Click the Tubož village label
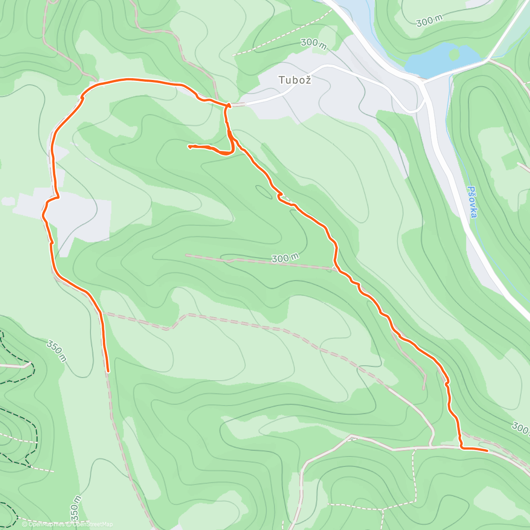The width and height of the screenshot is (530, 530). click(x=295, y=80)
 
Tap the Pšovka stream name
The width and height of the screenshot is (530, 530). click(x=472, y=202)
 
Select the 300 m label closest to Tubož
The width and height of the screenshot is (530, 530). click(x=313, y=43)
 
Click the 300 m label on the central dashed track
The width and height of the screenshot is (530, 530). click(x=285, y=258)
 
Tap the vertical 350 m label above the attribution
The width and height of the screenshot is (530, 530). click(x=76, y=507)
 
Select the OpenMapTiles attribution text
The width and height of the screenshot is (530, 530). click(x=47, y=524)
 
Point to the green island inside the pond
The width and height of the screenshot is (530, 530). click(x=454, y=54)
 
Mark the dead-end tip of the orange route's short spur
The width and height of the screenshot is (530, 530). click(x=189, y=146)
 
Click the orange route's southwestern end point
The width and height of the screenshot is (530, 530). click(x=108, y=371)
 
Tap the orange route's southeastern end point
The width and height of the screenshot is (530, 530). click(x=487, y=450)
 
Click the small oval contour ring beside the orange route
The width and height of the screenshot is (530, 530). click(x=264, y=192)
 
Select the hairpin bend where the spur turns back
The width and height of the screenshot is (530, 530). click(x=231, y=151)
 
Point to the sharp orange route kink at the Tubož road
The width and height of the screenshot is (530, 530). click(x=228, y=105)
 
